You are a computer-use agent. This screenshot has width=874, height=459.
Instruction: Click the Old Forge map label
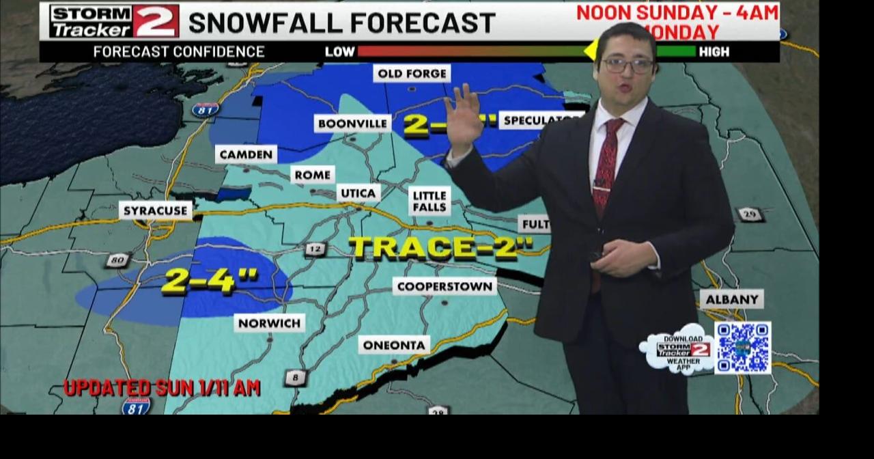pos(412,74)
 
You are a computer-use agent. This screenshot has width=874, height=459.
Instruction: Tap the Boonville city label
pos(352,124)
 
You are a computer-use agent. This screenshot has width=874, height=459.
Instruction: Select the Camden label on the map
pos(246,154)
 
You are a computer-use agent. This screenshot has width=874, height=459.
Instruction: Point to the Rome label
pos(313,175)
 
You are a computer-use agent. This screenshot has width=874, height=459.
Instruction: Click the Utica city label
pos(358,193)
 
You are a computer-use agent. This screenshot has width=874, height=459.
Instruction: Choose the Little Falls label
pos(429,201)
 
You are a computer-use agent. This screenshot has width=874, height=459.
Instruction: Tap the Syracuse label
pos(156,210)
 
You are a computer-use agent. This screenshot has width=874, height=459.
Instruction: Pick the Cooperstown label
pos(445,286)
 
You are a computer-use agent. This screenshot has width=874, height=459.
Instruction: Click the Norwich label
pos(269,322)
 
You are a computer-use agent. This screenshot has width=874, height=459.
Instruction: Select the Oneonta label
pos(394,345)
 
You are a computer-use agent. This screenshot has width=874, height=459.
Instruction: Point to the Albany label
pos(732,299)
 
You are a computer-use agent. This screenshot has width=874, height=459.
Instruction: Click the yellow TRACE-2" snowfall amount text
pos(440,247)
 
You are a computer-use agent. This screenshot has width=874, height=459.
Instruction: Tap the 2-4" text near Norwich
pos(210,280)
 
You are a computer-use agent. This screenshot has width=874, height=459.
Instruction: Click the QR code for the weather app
pos(742,348)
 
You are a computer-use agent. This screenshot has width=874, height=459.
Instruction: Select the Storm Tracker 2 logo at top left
pos(114,20)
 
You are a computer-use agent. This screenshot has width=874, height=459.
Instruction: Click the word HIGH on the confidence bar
pos(714,52)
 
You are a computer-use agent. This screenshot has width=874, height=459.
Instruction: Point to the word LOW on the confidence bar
pos(339,52)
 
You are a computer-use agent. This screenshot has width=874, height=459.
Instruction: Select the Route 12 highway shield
pos(314,249)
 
